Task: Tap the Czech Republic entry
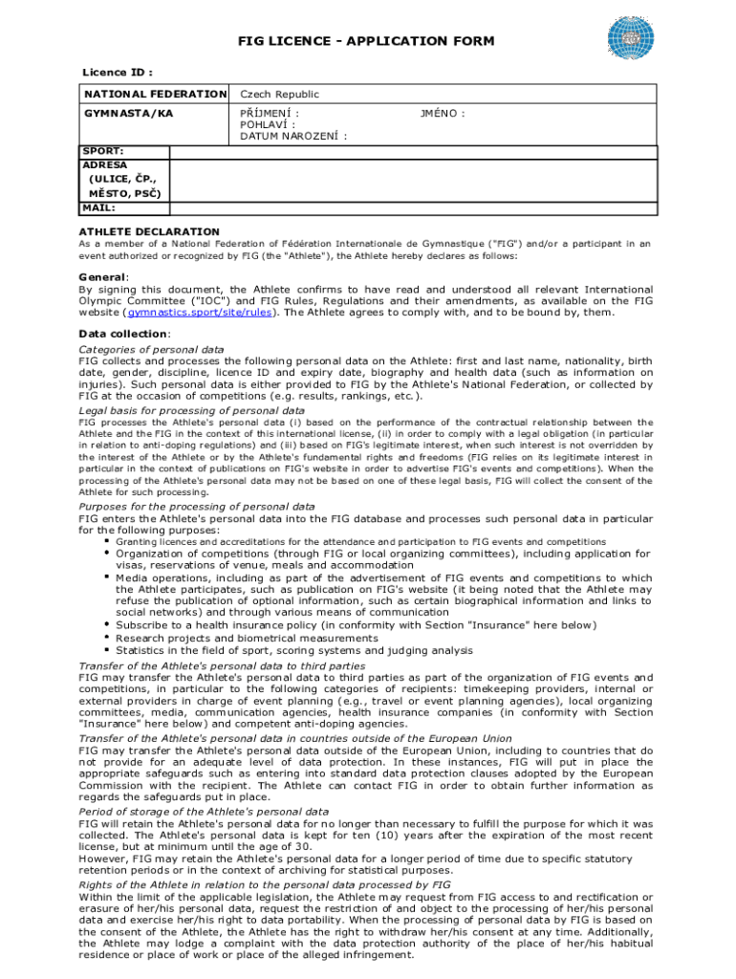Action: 279,95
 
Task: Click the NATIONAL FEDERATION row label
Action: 155,95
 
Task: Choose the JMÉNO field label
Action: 443,113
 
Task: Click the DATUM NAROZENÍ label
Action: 292,136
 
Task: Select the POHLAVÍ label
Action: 267,124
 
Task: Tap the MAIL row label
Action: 99,207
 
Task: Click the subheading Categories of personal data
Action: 151,350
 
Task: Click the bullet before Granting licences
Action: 106,541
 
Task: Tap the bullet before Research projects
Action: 106,638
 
